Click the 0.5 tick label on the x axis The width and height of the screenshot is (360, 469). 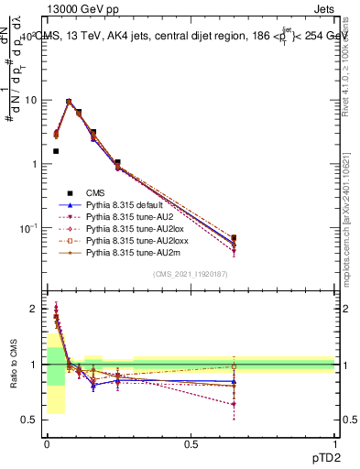point(191,442)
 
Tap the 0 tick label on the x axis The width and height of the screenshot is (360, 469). point(47,442)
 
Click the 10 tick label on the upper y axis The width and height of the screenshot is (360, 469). point(32,100)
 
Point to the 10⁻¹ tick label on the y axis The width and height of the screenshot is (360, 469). point(28,227)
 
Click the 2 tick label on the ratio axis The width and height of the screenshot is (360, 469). point(34,309)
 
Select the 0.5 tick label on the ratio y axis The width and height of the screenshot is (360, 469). point(29,420)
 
